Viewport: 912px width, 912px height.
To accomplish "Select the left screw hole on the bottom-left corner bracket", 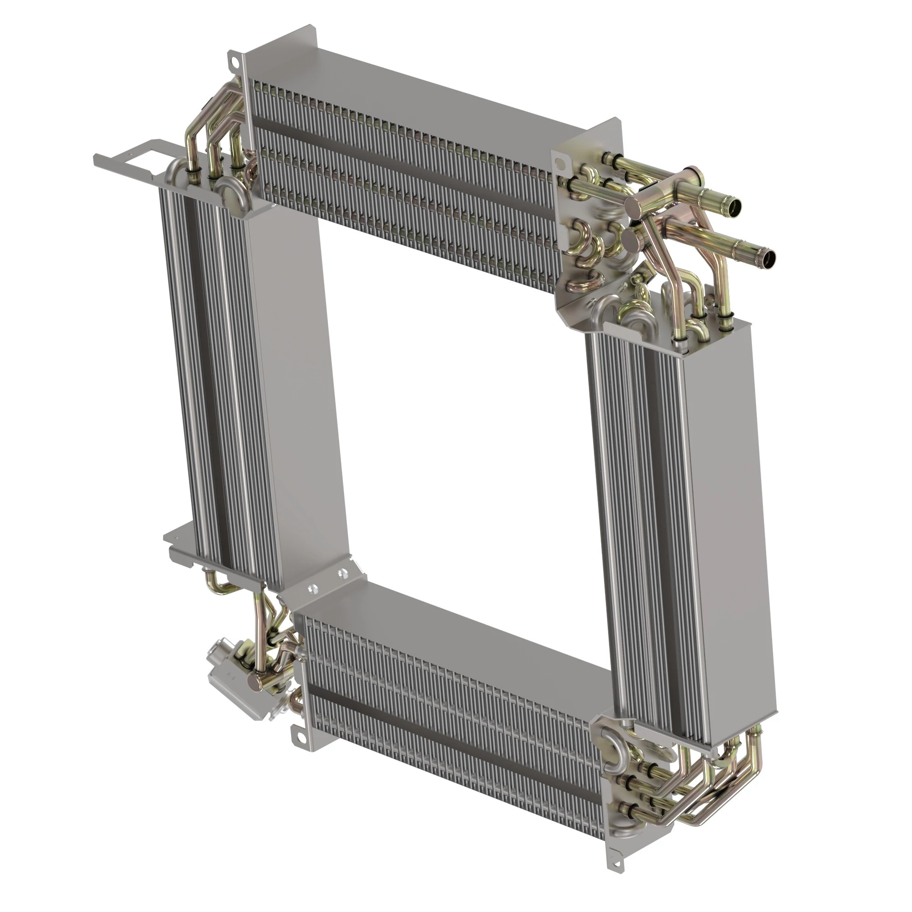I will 311,589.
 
